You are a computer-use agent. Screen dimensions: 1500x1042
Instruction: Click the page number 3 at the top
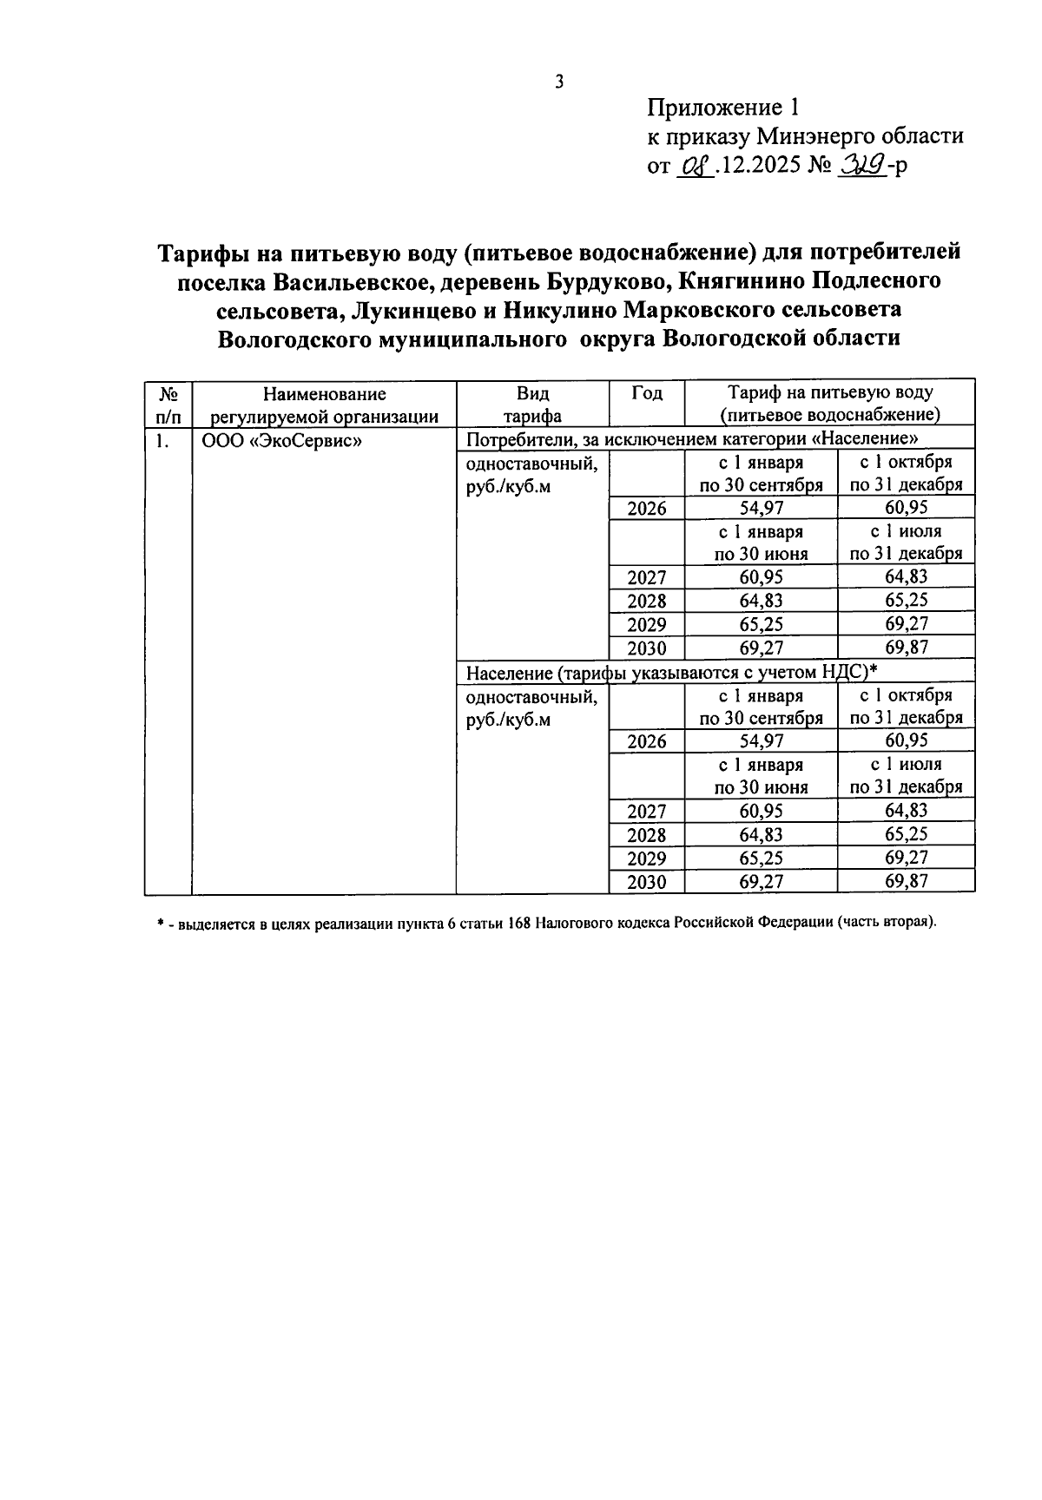pos(559,82)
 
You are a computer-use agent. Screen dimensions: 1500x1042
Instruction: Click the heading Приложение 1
pos(722,109)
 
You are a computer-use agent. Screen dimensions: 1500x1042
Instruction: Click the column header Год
pos(646,393)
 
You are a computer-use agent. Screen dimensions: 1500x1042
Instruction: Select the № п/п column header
pos(168,405)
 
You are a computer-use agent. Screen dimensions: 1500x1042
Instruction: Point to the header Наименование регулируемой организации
pos(325,405)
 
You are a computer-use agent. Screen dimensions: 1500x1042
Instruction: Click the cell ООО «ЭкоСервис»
pos(281,440)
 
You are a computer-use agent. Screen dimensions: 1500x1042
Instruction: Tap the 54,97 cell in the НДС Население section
pos(761,740)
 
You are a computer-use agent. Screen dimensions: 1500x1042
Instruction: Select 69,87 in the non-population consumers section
pos(906,648)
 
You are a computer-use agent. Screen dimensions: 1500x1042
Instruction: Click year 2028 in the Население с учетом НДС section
pos(646,835)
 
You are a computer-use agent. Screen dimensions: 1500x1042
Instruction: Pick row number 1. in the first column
pos(161,440)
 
